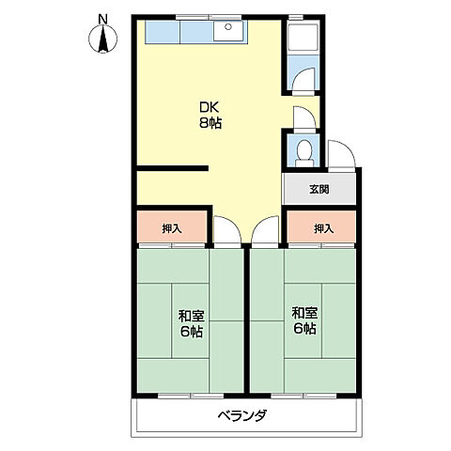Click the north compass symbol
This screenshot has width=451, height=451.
tap(103, 39)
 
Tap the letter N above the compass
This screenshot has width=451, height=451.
tap(102, 20)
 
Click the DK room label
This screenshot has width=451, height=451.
tap(210, 107)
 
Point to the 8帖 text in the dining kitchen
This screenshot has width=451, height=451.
tap(210, 123)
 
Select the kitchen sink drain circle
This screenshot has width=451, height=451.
tap(228, 27)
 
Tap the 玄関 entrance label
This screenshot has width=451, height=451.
tap(319, 189)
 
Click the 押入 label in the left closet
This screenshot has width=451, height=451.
tap(172, 228)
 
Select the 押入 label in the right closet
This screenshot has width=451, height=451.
tap(324, 228)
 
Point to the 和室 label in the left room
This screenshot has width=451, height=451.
tap(192, 316)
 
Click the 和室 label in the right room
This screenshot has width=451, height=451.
tap(304, 313)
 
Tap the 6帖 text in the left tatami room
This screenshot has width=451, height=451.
tap(192, 332)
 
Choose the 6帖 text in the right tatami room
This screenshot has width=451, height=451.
tap(304, 329)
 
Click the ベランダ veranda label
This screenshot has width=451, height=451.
tap(242, 415)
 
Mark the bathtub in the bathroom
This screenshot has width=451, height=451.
tap(303, 37)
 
